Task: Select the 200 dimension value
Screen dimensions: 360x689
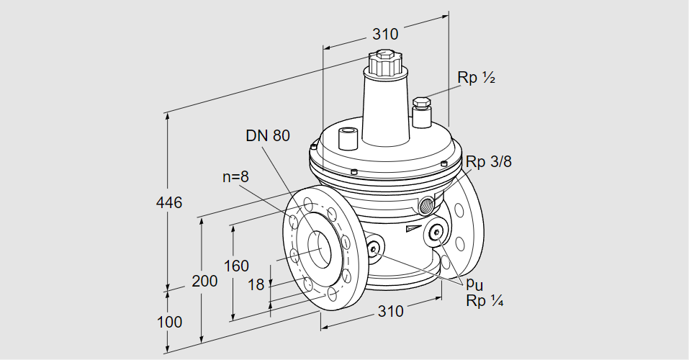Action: click(204, 281)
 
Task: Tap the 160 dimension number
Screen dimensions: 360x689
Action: click(236, 265)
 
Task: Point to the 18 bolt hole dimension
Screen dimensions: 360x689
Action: click(256, 284)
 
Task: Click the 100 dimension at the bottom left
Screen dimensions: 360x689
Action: click(170, 322)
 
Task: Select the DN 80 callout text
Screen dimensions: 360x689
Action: click(268, 135)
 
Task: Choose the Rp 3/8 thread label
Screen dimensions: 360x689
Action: click(488, 162)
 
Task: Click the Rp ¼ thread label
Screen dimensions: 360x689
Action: click(484, 301)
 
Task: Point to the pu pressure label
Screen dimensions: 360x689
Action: click(473, 284)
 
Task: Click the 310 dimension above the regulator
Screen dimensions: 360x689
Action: click(385, 33)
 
